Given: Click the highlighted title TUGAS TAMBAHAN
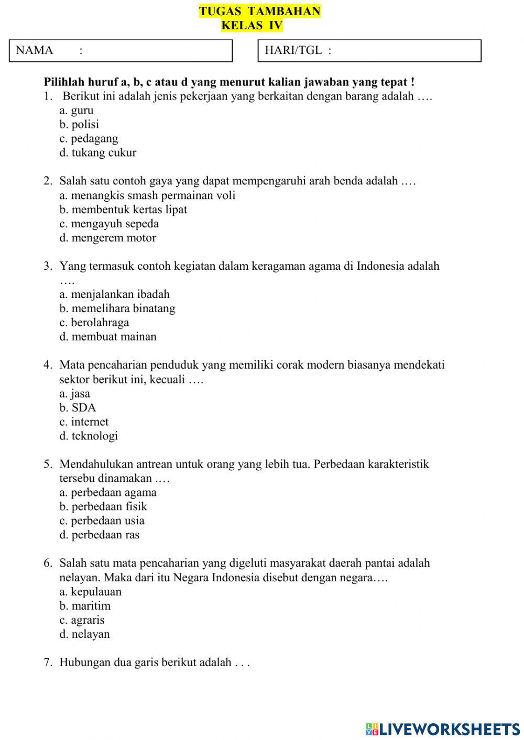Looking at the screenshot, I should pos(259,12).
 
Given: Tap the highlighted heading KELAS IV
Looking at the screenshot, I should pos(252,25).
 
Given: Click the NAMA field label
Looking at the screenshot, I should pos(35,50).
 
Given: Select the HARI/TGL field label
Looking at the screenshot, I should pos(293,50).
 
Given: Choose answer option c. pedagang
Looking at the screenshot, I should pos(89,139).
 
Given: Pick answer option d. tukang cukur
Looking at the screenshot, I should pos(97,153).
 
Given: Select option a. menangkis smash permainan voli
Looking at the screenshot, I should pos(147,195).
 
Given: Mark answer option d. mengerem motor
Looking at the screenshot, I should pos(107,238).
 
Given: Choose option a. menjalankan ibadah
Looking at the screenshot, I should pos(114,294).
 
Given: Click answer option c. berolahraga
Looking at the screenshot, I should pos(94,323).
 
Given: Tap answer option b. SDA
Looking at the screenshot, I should pos(78,407).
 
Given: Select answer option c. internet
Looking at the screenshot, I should pos(84,422).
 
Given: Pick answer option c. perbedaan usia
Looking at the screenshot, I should pos(102,521).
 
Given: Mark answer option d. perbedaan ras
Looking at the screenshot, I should pos(99,535).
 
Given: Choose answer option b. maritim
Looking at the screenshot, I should pos(85,606).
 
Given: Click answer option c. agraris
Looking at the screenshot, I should pos(82,620).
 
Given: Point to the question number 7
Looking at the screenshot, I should pos(48,662).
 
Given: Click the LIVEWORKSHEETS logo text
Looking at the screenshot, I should pos(448,728).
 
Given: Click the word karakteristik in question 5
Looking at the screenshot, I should pos(398,464).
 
